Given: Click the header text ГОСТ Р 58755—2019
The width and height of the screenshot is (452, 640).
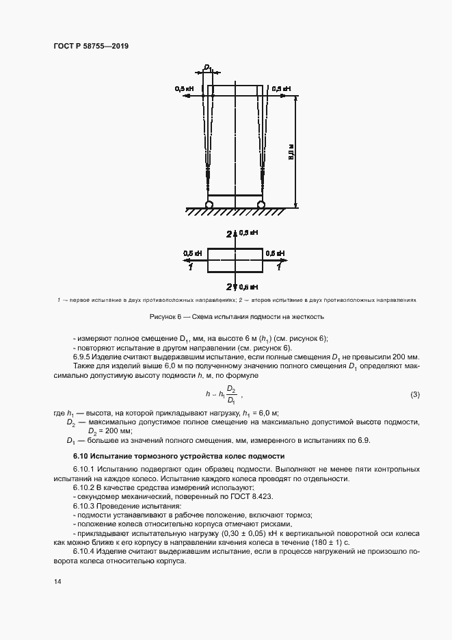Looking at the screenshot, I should point(90,46).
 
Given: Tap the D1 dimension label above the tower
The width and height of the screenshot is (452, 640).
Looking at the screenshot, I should point(207,68).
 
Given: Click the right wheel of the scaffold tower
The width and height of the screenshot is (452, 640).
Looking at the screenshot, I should point(261,204).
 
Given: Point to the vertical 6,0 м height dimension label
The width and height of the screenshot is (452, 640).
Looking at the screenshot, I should point(291,151).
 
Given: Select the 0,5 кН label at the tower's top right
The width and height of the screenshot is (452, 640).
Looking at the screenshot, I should point(281,89).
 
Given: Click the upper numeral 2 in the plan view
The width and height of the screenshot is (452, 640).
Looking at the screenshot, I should point(229,235).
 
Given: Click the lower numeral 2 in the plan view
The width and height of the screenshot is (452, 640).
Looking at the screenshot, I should point(229,286).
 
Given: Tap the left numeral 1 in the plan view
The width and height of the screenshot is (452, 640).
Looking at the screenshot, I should point(191,267).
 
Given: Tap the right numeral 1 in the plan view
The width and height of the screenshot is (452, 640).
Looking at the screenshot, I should point(278,267).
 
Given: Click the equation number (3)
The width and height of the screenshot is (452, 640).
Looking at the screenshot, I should point(414,395).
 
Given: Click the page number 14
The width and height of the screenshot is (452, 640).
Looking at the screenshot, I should point(56,582).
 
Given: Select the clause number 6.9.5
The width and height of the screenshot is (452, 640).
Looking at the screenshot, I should point(83,357).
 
